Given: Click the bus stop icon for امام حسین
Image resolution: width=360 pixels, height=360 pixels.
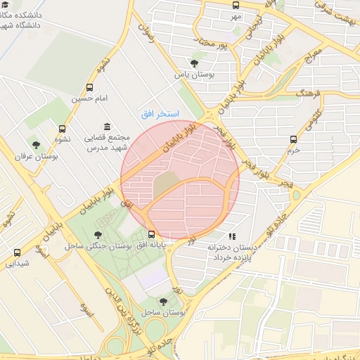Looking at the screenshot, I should (89, 87).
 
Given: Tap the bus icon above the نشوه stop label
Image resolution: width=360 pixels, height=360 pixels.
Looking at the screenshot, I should (63, 129).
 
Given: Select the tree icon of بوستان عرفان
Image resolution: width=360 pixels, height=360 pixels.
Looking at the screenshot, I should (36, 146).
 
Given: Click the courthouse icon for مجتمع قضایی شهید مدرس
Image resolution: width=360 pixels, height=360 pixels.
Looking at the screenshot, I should (106, 127).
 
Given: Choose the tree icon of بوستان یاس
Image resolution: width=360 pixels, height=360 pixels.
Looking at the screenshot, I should (195, 63).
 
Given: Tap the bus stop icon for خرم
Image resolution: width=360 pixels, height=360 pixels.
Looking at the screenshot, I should (293, 139).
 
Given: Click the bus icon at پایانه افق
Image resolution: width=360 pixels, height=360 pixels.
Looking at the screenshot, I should (152, 234).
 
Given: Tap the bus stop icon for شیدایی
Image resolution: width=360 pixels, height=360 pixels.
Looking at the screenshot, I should (17, 252).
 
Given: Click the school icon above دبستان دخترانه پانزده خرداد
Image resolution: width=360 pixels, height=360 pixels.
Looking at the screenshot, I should (232, 236).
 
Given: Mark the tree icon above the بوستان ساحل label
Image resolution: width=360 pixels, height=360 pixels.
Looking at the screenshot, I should (163, 301).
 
